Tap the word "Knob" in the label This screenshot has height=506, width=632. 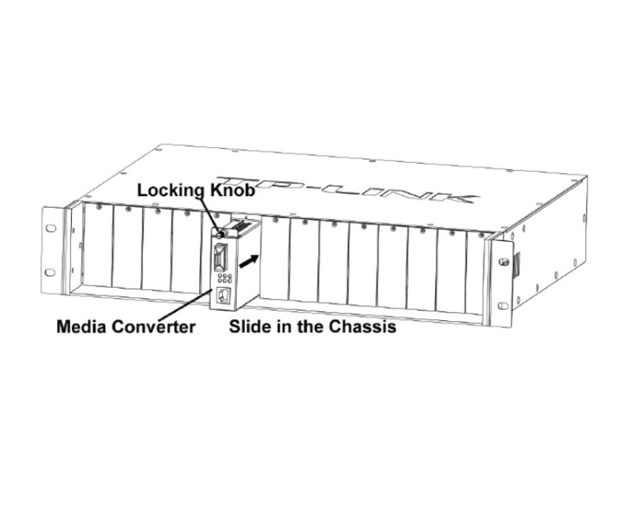coord(233,190)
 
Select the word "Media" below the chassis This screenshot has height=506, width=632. coord(82,327)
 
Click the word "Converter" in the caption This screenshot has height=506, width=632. coord(153,327)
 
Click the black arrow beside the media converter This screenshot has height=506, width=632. coord(249,261)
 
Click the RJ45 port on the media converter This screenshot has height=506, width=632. coord(223,296)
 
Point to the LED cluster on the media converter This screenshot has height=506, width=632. coord(224,278)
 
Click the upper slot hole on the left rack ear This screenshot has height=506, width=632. coord(51,228)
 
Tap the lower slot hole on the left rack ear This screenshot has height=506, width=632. coord(51,272)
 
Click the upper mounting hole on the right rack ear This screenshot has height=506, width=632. coord(503,262)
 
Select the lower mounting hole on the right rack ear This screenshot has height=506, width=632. coord(502,306)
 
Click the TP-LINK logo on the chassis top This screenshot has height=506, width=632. coord(348,189)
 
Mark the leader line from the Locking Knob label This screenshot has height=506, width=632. coord(210,214)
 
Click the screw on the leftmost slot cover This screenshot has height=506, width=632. coord(98,207)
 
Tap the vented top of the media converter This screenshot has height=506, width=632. coord(241,225)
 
